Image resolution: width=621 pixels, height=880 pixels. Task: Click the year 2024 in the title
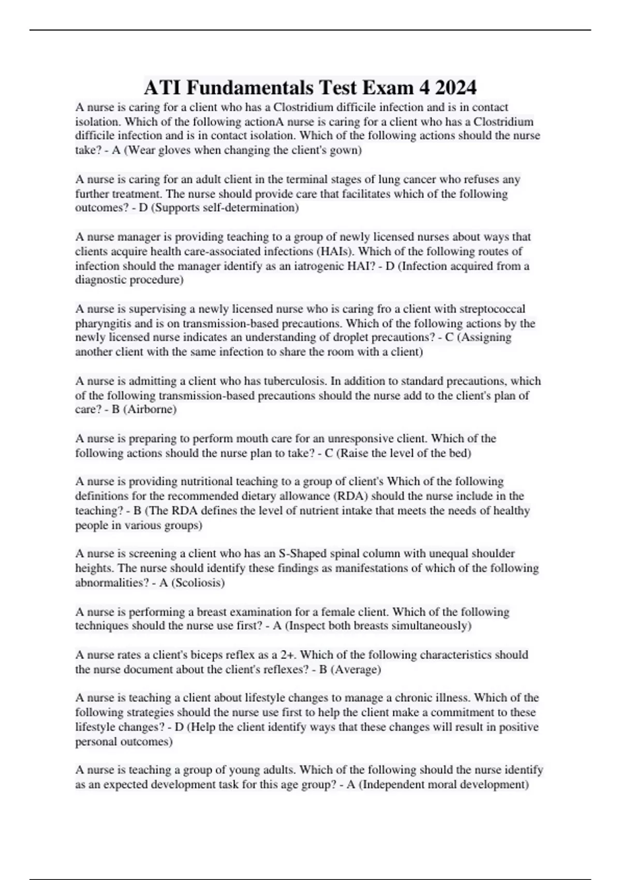(x=455, y=87)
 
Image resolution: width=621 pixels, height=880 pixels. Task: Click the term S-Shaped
(x=300, y=553)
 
